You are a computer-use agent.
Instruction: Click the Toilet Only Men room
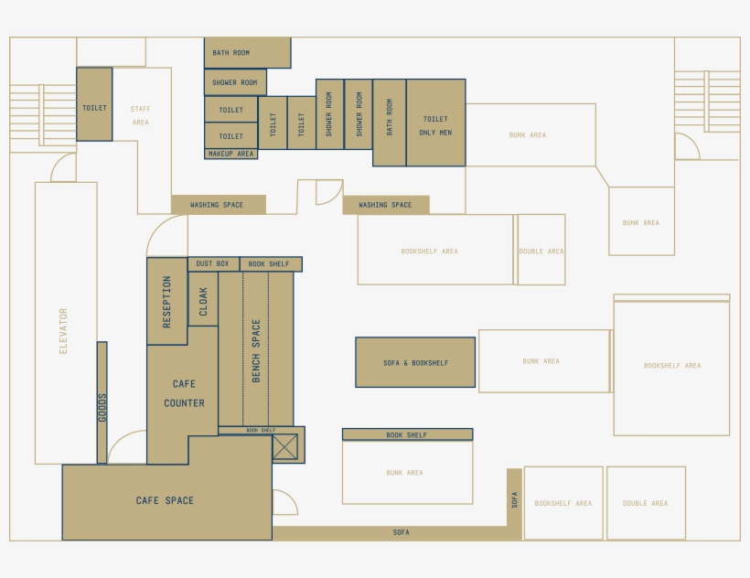[436, 123]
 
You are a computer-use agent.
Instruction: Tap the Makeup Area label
[230, 154]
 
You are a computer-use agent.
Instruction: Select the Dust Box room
[212, 263]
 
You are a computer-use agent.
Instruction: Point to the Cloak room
[203, 301]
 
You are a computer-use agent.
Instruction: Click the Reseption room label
[166, 302]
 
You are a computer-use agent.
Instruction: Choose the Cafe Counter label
[184, 394]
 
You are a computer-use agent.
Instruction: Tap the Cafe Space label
[165, 500]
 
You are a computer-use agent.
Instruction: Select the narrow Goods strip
[102, 402]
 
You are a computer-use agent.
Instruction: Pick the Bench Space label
[256, 350]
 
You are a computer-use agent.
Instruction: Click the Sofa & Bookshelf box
[415, 363]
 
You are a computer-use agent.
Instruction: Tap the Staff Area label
[140, 115]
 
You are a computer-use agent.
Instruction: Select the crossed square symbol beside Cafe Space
[285, 446]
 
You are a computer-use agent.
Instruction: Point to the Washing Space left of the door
[218, 205]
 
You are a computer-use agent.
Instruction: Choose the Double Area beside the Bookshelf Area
[541, 252]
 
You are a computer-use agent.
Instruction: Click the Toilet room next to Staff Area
[94, 108]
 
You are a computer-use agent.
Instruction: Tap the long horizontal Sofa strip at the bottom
[401, 532]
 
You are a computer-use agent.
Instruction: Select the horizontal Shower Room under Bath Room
[235, 82]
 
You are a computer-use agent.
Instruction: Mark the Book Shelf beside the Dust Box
[270, 263]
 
